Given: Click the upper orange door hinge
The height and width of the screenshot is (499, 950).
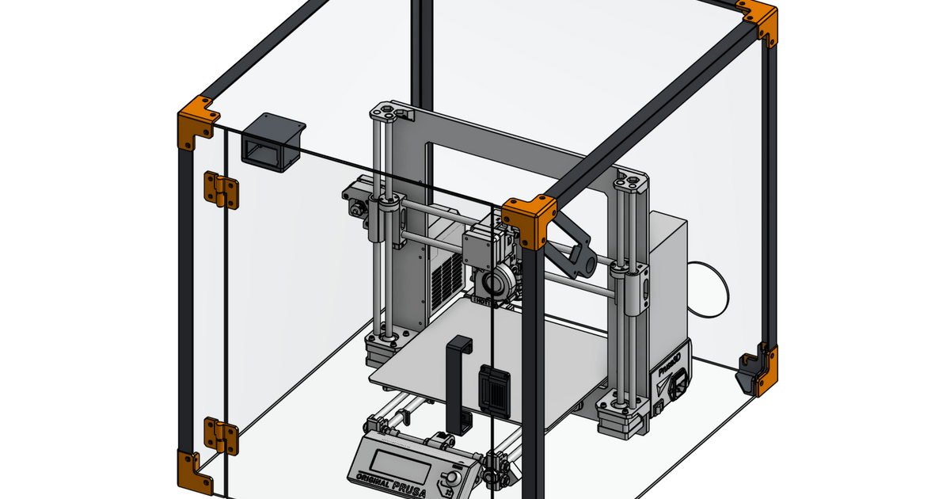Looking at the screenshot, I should [x=221, y=191].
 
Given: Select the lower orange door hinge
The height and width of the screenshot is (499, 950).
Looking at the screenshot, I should [x=221, y=436].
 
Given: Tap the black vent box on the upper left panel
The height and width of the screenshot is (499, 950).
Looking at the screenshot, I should [x=272, y=142].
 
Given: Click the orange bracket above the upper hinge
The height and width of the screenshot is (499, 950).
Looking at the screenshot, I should [x=196, y=122].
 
